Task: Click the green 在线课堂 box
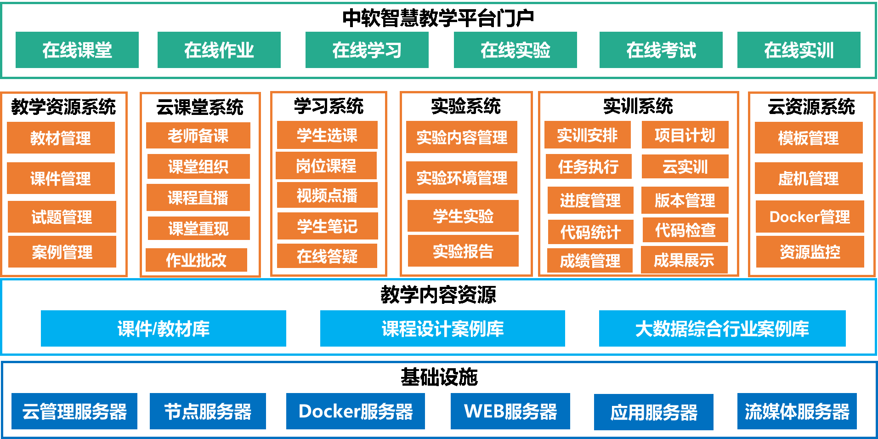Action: (x=77, y=50)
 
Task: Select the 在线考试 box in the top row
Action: (x=661, y=50)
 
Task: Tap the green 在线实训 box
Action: (x=799, y=50)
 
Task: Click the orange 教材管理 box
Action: (x=61, y=137)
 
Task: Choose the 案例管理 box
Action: (x=62, y=251)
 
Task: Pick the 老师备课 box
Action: (x=198, y=135)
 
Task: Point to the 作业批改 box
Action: (x=196, y=260)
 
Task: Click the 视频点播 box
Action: (x=327, y=195)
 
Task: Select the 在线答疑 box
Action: (x=327, y=256)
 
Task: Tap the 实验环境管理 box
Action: (x=462, y=177)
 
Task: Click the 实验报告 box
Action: (x=463, y=251)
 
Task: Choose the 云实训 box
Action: (x=685, y=166)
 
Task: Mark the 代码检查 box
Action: (x=685, y=230)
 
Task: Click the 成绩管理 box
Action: (x=590, y=261)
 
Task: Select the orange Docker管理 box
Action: (x=810, y=217)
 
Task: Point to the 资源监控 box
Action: (x=810, y=251)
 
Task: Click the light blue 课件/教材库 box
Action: (x=164, y=328)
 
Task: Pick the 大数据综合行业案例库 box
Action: (x=722, y=328)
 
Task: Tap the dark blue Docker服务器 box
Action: (x=356, y=411)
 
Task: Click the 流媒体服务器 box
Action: (x=797, y=411)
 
